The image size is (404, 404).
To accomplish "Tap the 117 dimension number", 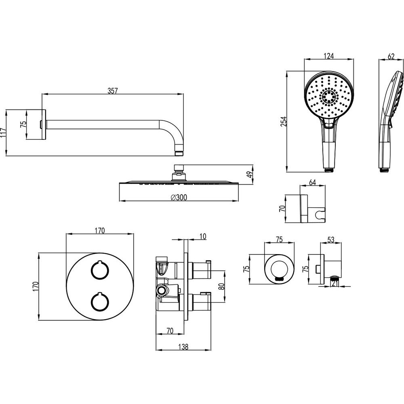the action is coord(3,133).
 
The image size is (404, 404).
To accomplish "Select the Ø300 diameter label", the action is coord(179,198).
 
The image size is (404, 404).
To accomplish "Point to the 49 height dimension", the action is coord(249,175).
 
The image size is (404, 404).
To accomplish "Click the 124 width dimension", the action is coord(328,56).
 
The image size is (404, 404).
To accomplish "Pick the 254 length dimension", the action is coord(284,122).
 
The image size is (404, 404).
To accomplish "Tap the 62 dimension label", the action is coord(391,56).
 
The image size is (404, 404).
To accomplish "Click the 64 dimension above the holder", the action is coord(312,183).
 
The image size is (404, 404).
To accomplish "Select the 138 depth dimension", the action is coord(183,347).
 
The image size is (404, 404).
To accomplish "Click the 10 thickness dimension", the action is coord(203,236).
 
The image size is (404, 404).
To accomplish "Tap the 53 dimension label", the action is coord(330,240).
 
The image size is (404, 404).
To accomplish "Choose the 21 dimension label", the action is coord(335,284).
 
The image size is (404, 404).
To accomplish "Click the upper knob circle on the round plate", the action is coord(99,270).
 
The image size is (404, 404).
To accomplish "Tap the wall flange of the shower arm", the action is coord(43,125).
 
